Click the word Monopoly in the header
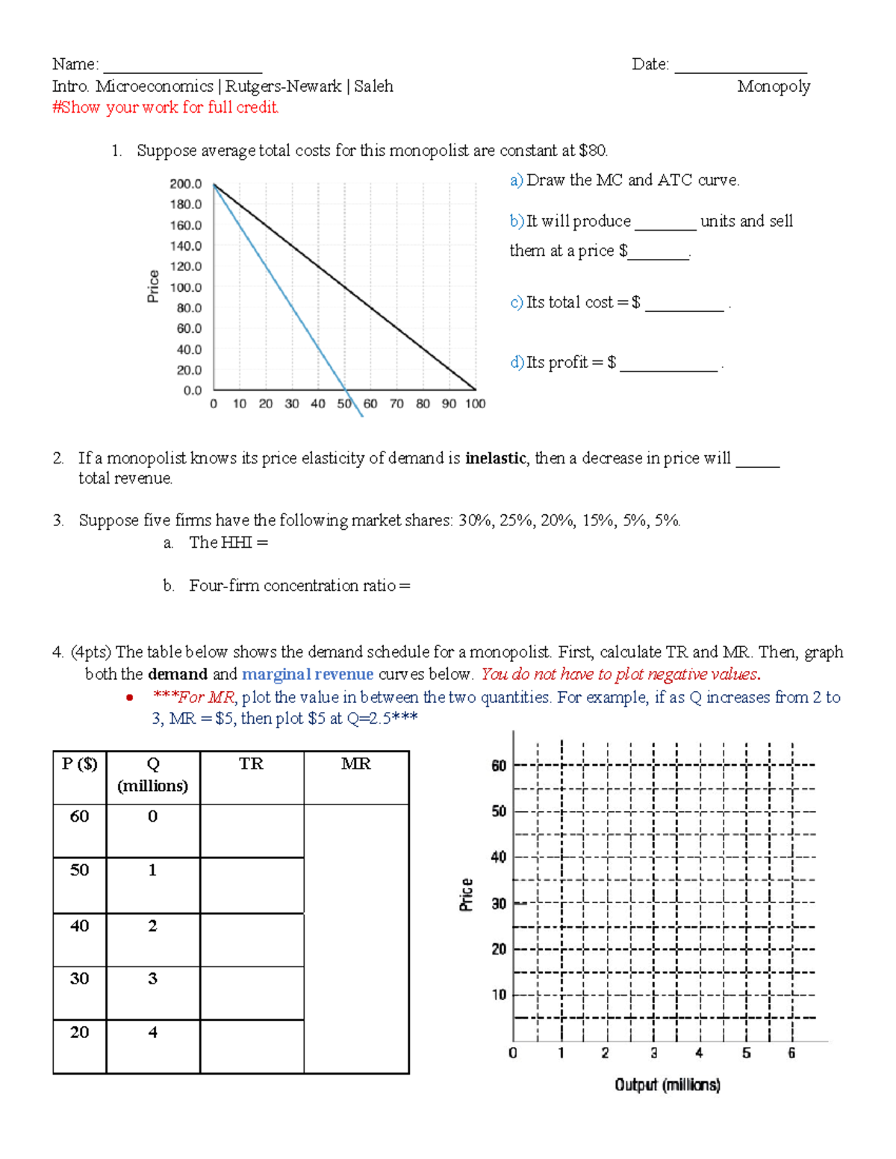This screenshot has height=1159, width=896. point(774,87)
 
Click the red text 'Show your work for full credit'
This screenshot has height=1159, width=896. point(166,107)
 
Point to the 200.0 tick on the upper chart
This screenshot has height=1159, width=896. point(186,184)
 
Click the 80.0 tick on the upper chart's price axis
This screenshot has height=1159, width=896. point(189,307)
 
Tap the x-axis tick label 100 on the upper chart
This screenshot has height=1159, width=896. point(476,404)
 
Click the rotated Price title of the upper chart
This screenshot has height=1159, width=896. point(153,287)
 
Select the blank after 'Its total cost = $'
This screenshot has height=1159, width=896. point(684,307)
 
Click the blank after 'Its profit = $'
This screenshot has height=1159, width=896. point(668,366)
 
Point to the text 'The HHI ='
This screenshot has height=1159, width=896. point(228,543)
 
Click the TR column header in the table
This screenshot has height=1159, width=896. point(252,764)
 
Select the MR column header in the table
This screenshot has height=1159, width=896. point(356,764)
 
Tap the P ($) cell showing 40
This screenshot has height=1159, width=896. point(79,926)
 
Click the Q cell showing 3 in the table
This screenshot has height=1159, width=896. point(152,979)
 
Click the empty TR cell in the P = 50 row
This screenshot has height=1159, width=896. point(252,885)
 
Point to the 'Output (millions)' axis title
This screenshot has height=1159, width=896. point(668,1085)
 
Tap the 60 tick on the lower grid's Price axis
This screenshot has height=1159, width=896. point(499,766)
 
